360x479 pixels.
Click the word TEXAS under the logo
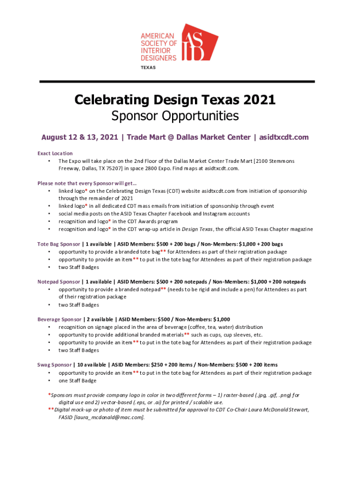[x=148, y=67]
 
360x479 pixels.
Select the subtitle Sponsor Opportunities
[x=175, y=116]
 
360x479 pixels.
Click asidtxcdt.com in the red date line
[x=283, y=137]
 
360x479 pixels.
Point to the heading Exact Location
[x=55, y=153]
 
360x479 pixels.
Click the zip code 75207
[x=113, y=168]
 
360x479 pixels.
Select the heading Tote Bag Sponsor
[x=58, y=244]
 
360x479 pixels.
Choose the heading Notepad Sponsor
[x=58, y=282]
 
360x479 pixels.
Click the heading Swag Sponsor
[x=55, y=365]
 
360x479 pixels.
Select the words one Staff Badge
[x=78, y=381]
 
